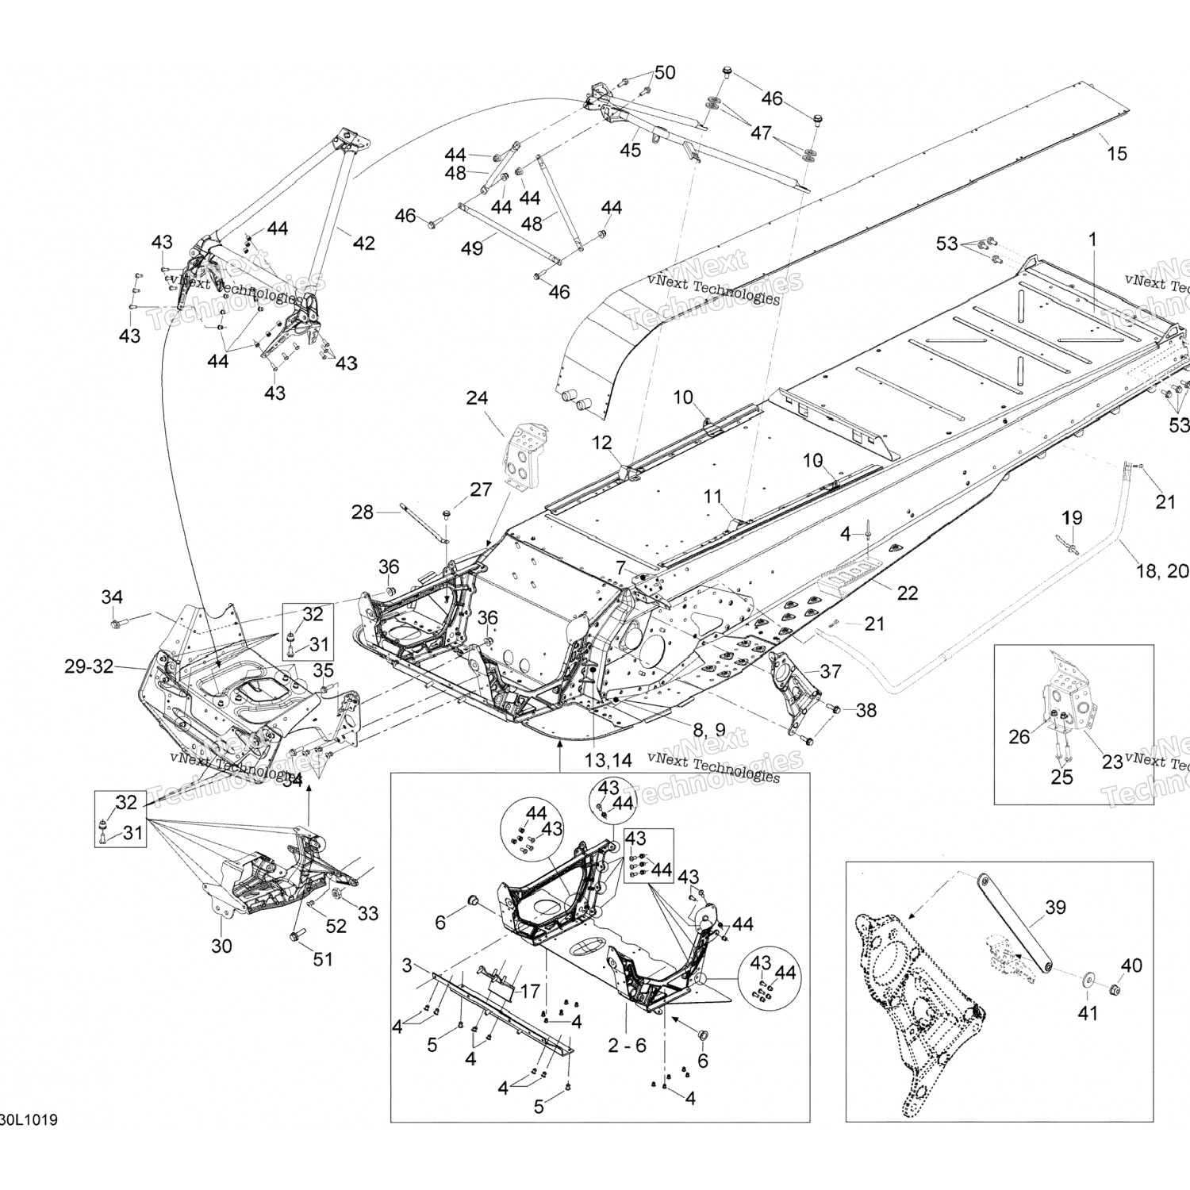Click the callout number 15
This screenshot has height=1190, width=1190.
coord(1116,153)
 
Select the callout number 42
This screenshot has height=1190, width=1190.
coord(363,243)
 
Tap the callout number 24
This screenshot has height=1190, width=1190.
coord(477,398)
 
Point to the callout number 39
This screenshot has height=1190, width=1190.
coord(1055,908)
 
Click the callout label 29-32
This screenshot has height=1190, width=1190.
coord(89,667)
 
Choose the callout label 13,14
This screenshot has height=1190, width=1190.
coord(608,760)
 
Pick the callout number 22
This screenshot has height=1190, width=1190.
coord(908,593)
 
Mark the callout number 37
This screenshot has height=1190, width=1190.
coord(831,672)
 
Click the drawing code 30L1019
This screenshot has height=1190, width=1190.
coord(28,1120)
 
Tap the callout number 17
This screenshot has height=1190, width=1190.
coord(530,991)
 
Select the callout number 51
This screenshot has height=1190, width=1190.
coord(322,959)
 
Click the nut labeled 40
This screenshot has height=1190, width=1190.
coord(1113,991)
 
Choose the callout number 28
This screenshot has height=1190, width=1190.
coord(363,512)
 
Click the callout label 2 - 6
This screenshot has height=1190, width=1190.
coord(627,1046)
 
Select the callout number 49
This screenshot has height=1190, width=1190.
coord(472,248)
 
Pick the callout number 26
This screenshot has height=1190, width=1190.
coord(1019,737)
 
